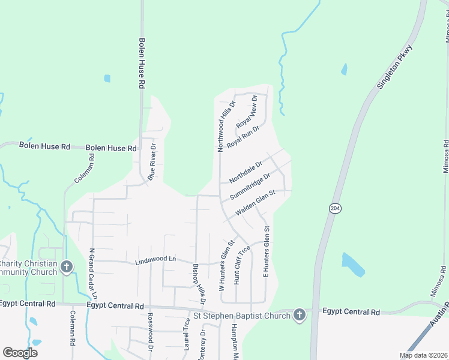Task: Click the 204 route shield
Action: [x=335, y=208]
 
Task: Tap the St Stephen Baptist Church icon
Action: [x=300, y=315]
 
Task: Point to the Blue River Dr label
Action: [x=152, y=161]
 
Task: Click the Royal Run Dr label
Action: [x=243, y=137]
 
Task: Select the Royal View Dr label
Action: [x=247, y=112]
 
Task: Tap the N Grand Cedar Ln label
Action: [x=93, y=274]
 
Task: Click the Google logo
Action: [x=20, y=352]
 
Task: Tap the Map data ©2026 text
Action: [x=423, y=355]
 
